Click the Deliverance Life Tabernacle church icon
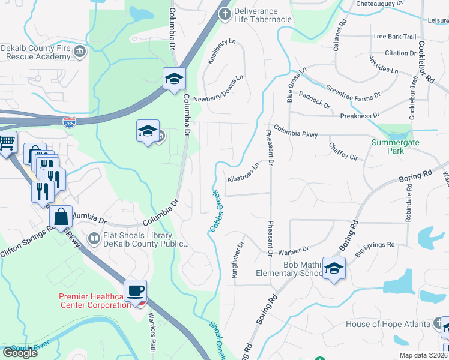(x=224, y=14)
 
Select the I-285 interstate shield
(x=70, y=122)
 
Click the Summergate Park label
(x=396, y=147)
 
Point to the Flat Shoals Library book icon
(x=94, y=239)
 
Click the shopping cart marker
(x=6, y=143)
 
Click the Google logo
(x=20, y=353)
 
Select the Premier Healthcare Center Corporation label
(x=94, y=300)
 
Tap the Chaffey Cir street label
(x=343, y=151)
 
